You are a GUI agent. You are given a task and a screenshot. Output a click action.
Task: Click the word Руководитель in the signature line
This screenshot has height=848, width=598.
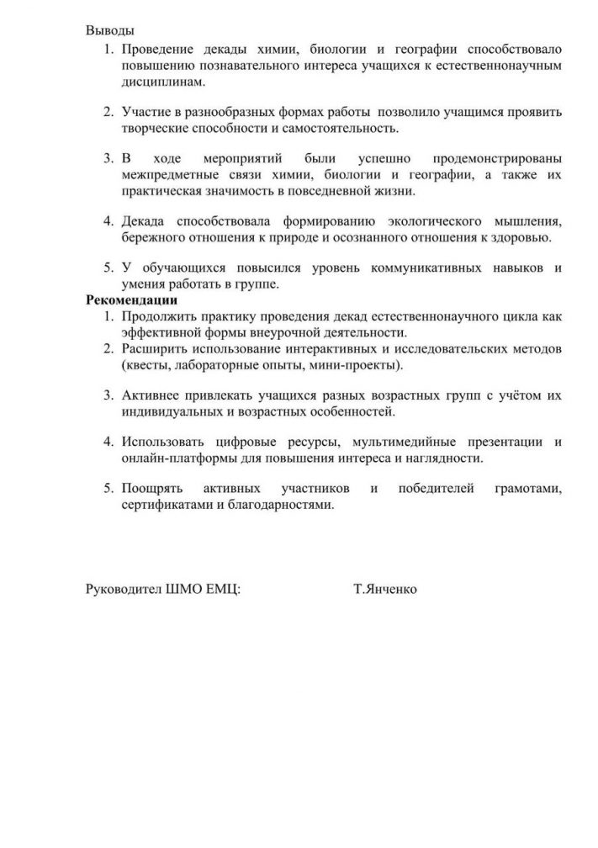[x=126, y=589]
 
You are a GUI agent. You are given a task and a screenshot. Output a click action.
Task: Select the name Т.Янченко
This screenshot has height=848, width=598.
[x=385, y=589]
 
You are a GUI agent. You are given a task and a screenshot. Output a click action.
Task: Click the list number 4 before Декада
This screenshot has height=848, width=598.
[x=108, y=222]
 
